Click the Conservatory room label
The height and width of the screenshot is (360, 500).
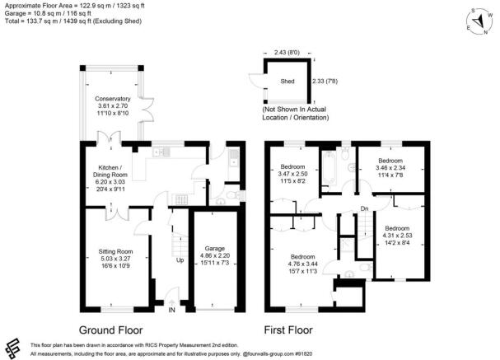(x=113, y=98)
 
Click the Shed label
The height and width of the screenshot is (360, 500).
(x=287, y=80)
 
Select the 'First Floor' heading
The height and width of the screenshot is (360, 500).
(x=292, y=330)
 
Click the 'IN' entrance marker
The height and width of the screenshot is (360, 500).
(x=171, y=311)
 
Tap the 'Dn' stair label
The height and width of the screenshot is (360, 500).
(x=364, y=208)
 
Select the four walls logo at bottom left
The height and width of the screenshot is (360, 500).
(x=14, y=347)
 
